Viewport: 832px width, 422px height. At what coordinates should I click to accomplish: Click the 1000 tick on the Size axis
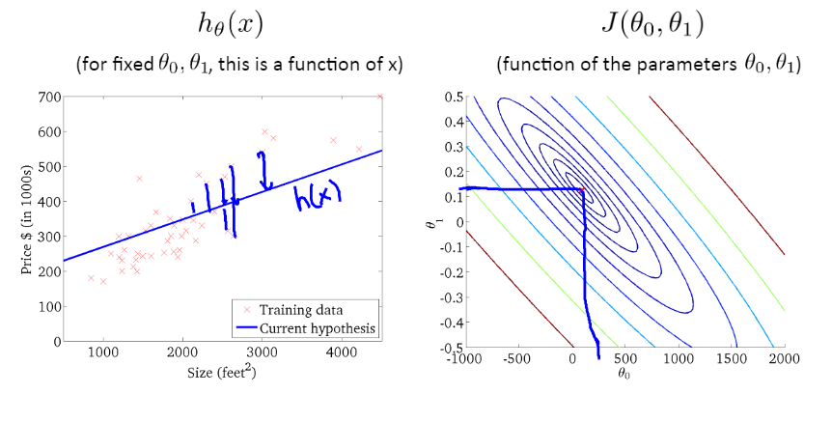(104, 353)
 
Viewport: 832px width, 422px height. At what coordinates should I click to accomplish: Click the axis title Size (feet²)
(223, 374)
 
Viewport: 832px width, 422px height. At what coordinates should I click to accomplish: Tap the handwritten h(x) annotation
(318, 197)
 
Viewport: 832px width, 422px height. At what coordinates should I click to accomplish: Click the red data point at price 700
(379, 97)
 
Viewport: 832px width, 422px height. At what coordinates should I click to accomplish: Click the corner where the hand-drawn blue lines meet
(583, 190)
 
